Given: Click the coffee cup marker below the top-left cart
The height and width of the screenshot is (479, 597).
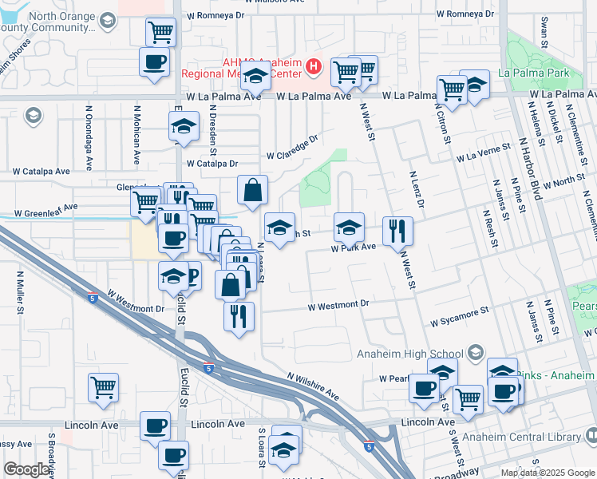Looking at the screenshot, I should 155,62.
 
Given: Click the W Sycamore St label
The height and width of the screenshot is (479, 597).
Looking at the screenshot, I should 459,319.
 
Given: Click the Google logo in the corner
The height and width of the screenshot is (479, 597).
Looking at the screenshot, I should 26,469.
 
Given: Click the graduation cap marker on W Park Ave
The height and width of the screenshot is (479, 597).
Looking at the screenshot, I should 349,228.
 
